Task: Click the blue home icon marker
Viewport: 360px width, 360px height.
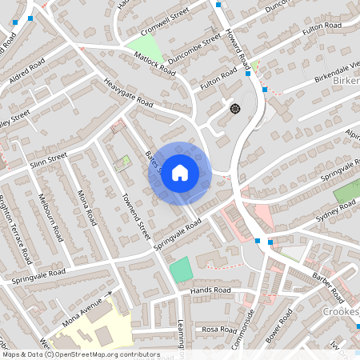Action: pyautogui.click(x=180, y=173)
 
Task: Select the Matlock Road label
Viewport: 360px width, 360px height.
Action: pyautogui.click(x=154, y=63)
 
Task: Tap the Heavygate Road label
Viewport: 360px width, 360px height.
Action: pyautogui.click(x=128, y=92)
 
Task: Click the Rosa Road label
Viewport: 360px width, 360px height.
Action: pyautogui.click(x=216, y=329)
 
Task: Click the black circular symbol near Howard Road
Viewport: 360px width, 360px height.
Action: pyautogui.click(x=234, y=108)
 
